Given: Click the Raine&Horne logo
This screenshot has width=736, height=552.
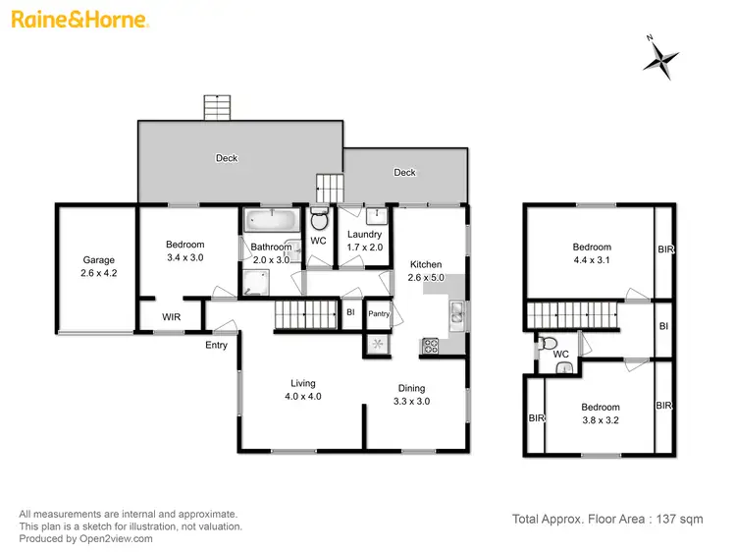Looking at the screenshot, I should click(80, 20).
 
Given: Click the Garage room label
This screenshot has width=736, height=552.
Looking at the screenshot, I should click(98, 260).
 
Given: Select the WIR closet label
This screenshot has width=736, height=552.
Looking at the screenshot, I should click(171, 316).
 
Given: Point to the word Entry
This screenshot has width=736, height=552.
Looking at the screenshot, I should click(216, 345).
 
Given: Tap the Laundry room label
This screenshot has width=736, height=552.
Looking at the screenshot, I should click(365, 234).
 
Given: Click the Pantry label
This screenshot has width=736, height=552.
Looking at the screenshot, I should click(379, 314).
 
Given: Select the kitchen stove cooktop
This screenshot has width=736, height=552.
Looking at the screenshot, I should click(430, 346).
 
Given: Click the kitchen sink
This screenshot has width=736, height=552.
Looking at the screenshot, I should click(456, 314).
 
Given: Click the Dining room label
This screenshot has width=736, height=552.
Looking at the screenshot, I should click(411, 387).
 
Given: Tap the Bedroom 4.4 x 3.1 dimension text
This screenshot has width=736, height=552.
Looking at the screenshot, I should click(591, 260).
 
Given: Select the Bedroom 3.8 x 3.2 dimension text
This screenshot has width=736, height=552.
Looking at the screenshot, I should click(600, 420).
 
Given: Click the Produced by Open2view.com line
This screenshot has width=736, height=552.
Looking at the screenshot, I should click(85, 538).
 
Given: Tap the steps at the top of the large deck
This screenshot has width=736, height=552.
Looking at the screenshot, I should click(216, 107).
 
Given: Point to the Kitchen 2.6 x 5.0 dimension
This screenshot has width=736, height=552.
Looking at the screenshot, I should click(426, 278).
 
